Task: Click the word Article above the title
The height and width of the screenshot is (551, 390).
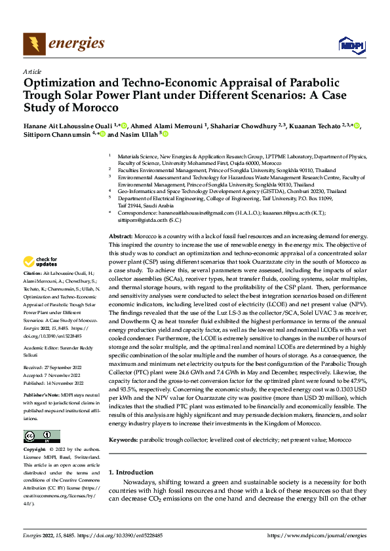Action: [32, 72]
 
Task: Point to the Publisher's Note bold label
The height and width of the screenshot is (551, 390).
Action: [42, 397]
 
